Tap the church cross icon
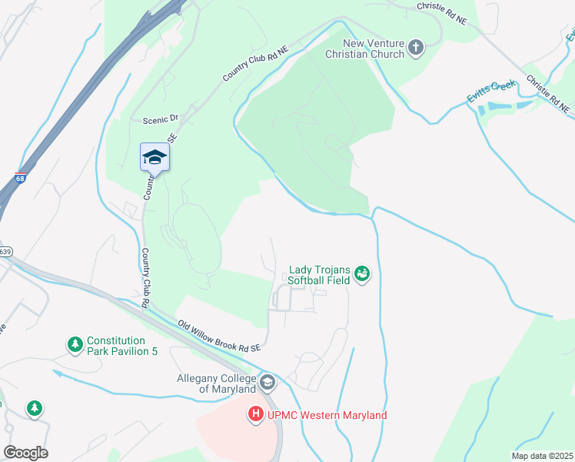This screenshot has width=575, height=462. coord(416,49)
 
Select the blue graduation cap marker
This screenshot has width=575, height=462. coord(155,157)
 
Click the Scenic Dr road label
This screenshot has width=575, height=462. coord(161,119)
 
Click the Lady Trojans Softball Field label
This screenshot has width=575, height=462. coord(319,275)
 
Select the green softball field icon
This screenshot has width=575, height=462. coord(363,274)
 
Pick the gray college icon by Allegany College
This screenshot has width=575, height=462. coord(268,382)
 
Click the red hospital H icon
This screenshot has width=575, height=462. coord(255,415)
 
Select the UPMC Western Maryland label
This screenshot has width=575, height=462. coord(327,416)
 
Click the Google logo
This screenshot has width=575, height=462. coord(25,452)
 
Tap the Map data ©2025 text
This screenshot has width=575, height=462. coord(543,456)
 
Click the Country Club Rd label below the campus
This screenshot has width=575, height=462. coord(145,278)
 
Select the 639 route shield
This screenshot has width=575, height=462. coord(5,251)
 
